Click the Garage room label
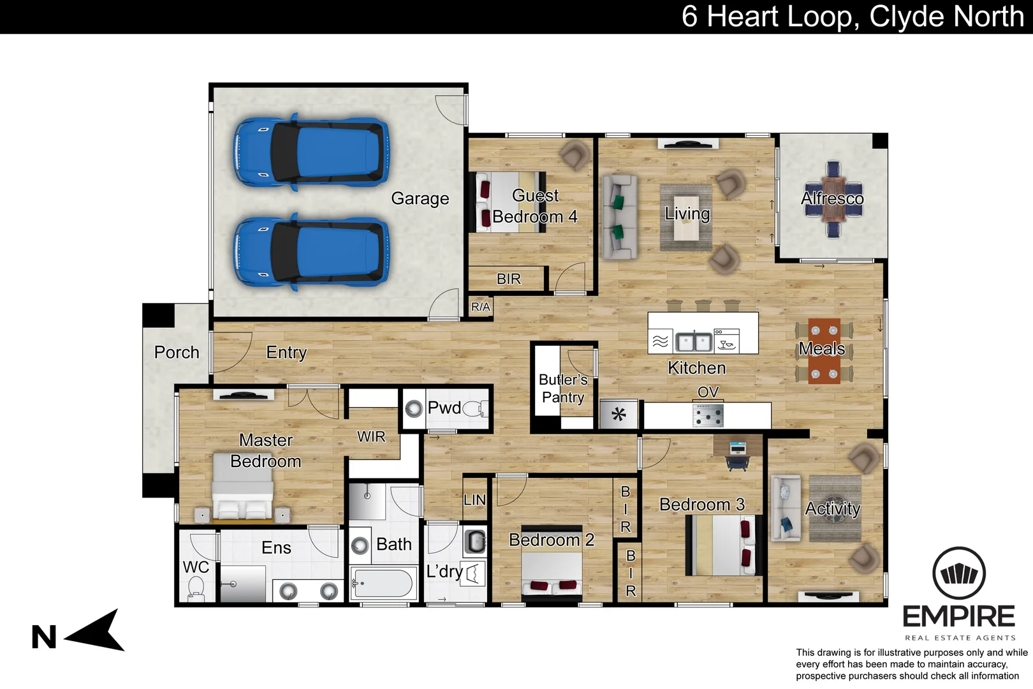pos(420,198)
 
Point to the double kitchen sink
pos(694,342)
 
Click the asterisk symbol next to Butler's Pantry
pos(619,415)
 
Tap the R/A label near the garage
pos(480,307)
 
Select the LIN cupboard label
pos(474,500)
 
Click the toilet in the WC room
pos(196,588)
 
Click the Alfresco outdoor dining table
pos(833,199)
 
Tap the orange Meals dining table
pos(824,350)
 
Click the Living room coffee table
pos(686,217)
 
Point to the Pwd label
pos(444,408)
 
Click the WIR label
pos(371,436)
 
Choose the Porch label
pos(177,352)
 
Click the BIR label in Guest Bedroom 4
pos(508,279)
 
